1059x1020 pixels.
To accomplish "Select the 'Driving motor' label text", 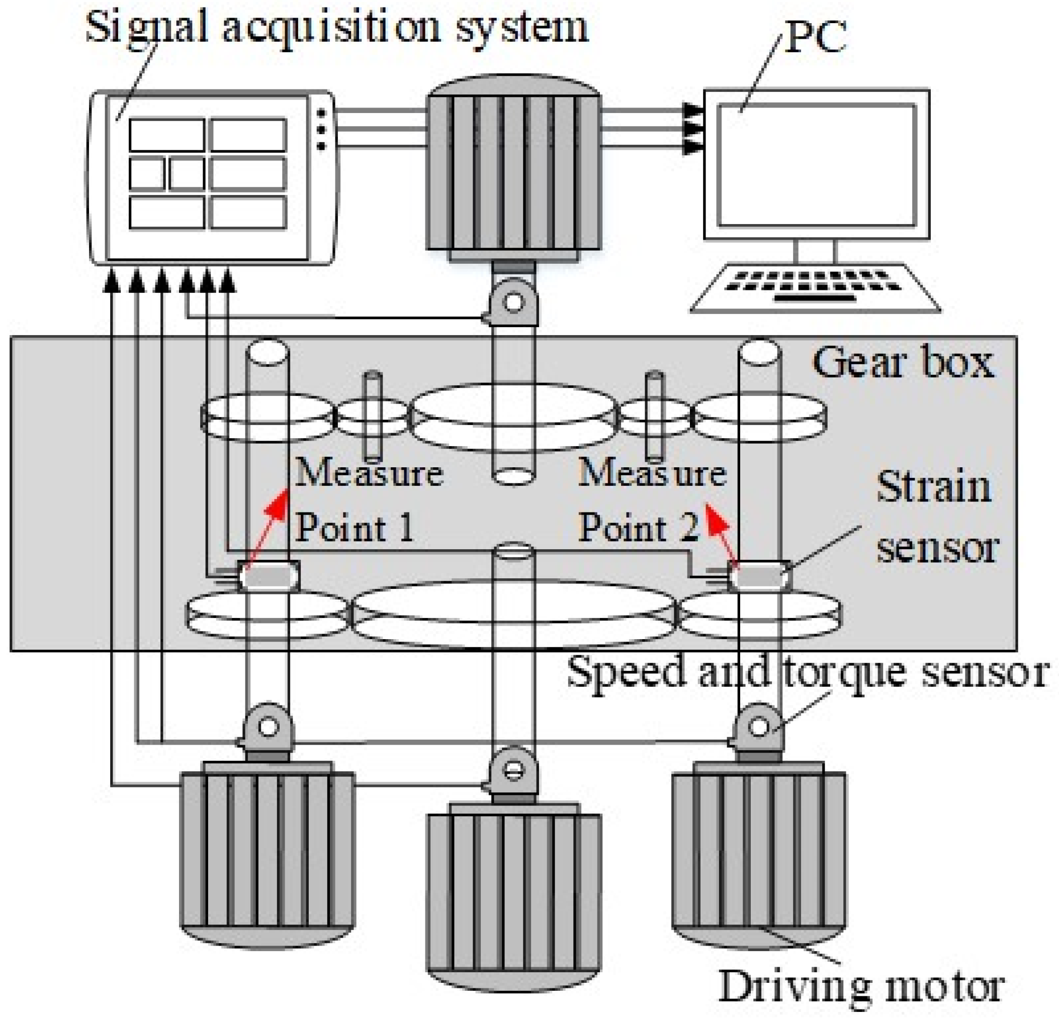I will click(861, 986).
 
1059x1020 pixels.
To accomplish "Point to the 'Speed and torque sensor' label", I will click(807, 673).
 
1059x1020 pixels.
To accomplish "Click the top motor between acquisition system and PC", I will click(513, 167).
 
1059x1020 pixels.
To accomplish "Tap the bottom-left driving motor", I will click(267, 853).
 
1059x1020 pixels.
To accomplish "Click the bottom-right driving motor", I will click(759, 853).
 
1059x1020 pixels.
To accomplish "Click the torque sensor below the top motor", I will click(513, 302).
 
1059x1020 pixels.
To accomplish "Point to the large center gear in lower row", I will click(513, 613).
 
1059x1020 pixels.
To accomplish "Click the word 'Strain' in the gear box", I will click(934, 487).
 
